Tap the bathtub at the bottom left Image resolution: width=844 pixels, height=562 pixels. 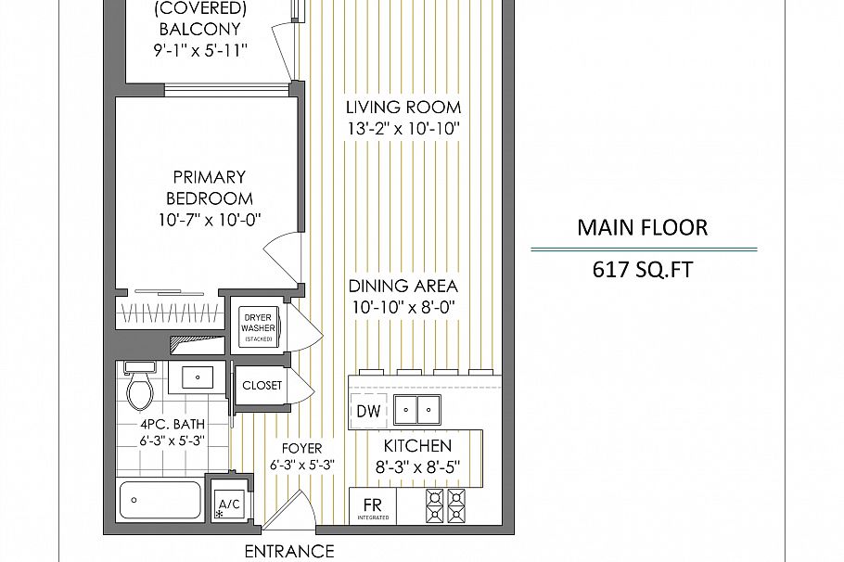click(x=160, y=500)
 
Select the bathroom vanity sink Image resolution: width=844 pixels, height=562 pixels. click(x=197, y=377)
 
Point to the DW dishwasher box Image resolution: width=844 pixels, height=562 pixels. click(x=368, y=411)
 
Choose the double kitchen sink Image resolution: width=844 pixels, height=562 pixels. click(x=417, y=410)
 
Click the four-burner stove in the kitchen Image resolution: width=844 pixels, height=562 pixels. click(x=446, y=505)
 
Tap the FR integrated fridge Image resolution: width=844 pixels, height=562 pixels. click(x=373, y=506)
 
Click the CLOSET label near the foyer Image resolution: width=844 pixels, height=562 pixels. click(x=262, y=386)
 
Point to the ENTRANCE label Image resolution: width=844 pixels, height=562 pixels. click(x=289, y=552)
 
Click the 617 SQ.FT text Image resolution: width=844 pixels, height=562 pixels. click(x=643, y=269)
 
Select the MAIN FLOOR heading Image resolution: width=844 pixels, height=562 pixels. click(x=643, y=228)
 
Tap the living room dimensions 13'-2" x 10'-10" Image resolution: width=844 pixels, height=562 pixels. click(x=403, y=129)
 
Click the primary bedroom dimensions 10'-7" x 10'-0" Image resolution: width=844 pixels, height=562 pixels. click(x=210, y=220)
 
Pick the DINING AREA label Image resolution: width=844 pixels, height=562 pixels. click(x=403, y=286)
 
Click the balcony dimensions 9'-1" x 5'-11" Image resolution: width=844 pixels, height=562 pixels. click(x=200, y=50)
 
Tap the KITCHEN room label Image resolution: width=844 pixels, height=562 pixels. click(x=417, y=446)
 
